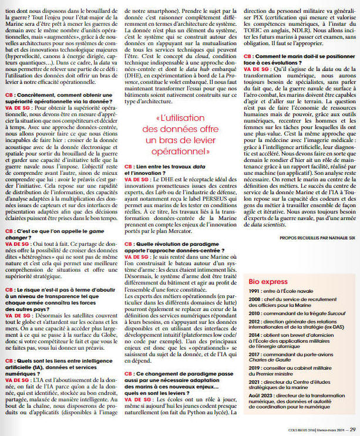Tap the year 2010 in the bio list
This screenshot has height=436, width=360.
254,313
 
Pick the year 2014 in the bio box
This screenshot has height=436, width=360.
254,335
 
